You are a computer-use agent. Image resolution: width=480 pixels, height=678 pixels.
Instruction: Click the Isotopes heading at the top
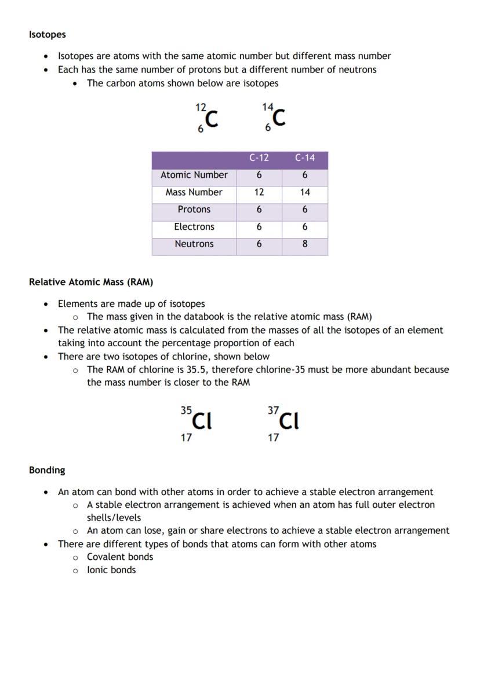pos(48,35)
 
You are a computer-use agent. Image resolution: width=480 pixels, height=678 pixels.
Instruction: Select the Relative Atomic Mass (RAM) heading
pos(91,283)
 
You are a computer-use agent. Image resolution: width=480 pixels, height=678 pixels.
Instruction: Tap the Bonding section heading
pos(47,470)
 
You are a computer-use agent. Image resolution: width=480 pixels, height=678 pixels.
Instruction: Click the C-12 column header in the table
pos(259,158)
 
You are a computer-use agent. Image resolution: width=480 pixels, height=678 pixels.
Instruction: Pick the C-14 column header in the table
pos(305,158)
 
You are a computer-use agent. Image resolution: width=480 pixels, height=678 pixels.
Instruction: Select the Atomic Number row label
pos(194,175)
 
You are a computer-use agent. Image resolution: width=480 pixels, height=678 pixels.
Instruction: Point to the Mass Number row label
pos(194,192)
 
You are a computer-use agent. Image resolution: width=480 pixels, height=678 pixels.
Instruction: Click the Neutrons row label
pos(194,244)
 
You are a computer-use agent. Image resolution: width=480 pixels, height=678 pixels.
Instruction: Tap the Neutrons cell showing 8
pos(305,244)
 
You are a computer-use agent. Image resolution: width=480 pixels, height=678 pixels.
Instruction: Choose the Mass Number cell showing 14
pos(305,192)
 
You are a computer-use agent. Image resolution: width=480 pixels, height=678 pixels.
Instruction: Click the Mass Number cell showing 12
pos(259,192)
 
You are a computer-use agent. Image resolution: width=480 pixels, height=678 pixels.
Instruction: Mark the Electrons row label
pos(194,227)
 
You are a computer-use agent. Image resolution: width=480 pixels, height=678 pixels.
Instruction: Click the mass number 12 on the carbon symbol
pos(201,107)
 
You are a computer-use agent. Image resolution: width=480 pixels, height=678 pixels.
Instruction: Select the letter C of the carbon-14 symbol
pos(279,118)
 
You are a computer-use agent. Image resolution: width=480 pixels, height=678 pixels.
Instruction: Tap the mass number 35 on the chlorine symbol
pos(186,410)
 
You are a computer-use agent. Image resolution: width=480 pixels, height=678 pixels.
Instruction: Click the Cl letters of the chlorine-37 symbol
pos(289,421)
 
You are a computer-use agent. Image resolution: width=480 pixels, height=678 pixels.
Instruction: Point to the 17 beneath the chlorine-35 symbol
pos(186,438)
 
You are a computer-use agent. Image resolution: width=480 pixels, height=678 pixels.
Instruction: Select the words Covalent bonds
pos(120,557)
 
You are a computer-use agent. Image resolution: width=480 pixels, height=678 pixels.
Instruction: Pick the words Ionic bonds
pos(111,570)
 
